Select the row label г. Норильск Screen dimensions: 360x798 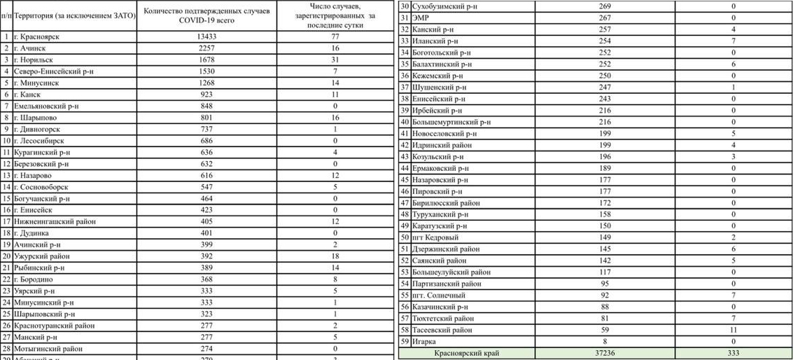click(36, 60)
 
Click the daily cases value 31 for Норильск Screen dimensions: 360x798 click(335, 60)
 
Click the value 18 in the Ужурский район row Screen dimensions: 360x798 click(335, 256)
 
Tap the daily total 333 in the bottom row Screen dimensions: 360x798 click(733, 354)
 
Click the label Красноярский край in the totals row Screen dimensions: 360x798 click(467, 354)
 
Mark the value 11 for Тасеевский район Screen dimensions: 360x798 click(733, 330)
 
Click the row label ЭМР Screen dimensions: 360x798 click(421, 18)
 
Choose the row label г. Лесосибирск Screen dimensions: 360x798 click(41, 141)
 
